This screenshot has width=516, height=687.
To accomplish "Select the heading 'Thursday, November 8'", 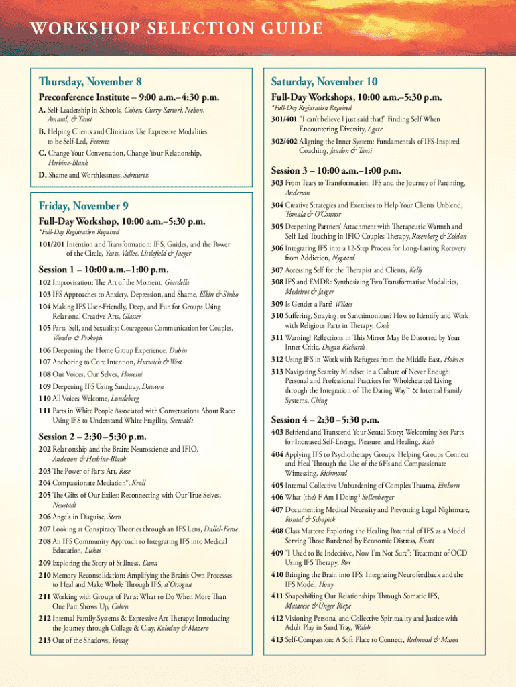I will click(x=90, y=82).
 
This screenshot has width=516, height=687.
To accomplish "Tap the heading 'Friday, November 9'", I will click(x=83, y=205).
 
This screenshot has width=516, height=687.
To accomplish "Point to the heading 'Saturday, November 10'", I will click(x=324, y=82).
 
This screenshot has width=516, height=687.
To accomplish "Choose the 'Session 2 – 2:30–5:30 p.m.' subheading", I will click(x=92, y=437).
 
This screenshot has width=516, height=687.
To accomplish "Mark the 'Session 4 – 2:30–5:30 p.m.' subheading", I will click(x=325, y=420).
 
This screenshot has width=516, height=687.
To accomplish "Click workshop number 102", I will click(x=45, y=282).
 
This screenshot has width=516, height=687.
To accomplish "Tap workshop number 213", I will click(x=45, y=640).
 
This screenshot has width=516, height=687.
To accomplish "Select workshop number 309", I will click(x=277, y=304).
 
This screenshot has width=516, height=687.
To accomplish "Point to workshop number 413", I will click(x=277, y=639).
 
